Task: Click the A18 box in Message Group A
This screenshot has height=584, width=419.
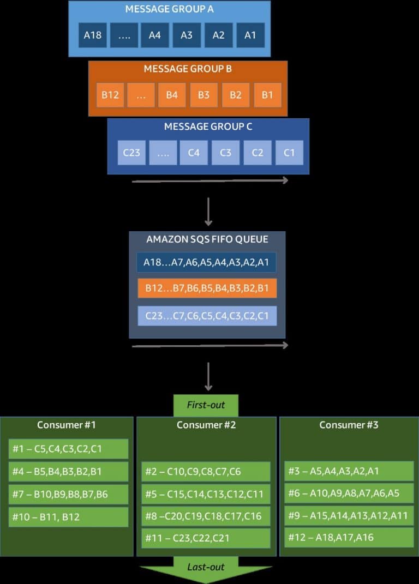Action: point(93,35)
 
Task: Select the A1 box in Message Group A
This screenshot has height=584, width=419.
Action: point(250,35)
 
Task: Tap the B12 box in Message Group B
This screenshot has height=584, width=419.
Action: point(110,95)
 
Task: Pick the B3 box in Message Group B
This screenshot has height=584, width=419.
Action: point(203,95)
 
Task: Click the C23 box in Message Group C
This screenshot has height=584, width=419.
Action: point(131,153)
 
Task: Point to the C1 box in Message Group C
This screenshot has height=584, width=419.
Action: point(289,153)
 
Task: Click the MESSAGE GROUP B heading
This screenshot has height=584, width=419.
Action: point(188,69)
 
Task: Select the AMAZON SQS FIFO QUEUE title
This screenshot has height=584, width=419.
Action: point(207,239)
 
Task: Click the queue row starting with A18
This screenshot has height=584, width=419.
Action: point(206,262)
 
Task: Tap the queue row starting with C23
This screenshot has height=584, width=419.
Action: point(206,316)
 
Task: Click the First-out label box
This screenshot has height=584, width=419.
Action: point(206,406)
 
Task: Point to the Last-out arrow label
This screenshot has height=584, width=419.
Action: point(206,568)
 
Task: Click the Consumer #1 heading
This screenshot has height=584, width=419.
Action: point(66,425)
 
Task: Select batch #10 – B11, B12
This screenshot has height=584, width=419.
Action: point(69,517)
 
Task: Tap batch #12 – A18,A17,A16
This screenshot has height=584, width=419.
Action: point(349,538)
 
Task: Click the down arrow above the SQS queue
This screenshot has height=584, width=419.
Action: point(208,212)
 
